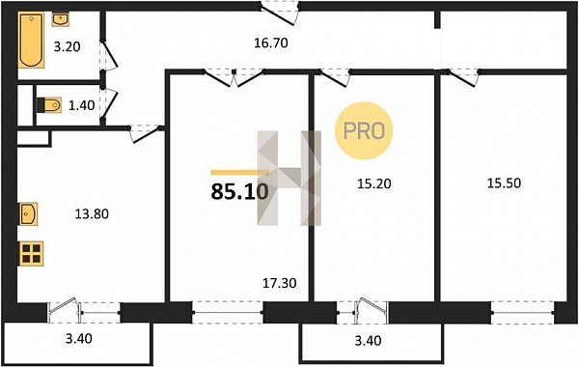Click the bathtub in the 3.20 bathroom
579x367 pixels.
pos(31,40)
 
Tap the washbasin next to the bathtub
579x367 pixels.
pos(60,19)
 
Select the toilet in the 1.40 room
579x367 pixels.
pos(50,105)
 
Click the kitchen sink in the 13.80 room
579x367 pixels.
pos(28,213)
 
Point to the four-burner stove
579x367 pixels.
pos(32,254)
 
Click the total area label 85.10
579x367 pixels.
pos(239,191)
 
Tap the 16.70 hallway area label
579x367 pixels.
pos(270,43)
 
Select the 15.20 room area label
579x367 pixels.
pos(374,183)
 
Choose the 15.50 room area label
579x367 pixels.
pos(504,183)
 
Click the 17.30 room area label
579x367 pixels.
pos(280,283)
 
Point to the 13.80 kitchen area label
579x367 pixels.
pos(92,213)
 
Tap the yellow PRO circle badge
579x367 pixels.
pos(364,130)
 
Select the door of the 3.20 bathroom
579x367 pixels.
pos(109,55)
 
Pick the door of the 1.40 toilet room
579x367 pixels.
pos(109,104)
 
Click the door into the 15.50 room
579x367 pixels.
pos(462,77)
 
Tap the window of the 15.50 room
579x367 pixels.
pos(522,313)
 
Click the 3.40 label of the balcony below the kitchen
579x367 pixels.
pos(79,339)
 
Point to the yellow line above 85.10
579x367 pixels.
pos(240,172)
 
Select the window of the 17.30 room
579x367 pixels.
pos(228,313)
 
